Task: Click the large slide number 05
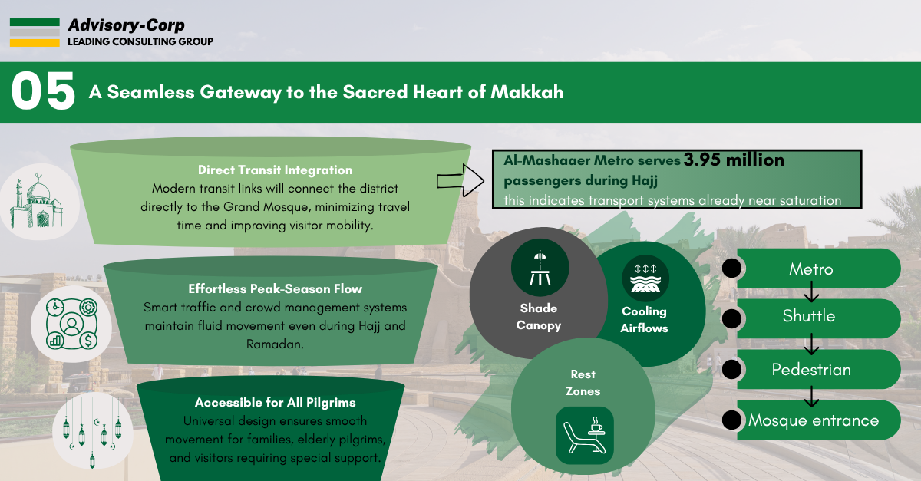coord(43,91)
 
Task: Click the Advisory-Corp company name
coord(126,25)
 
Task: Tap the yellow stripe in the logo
coord(35,43)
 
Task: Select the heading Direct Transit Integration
coord(275,170)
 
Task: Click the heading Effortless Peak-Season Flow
coord(275,288)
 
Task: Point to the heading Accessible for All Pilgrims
coord(275,402)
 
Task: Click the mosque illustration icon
coord(38,201)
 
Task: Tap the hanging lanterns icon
coord(92,432)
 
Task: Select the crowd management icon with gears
coord(71,324)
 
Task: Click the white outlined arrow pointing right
coord(460,180)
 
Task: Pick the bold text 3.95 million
coord(734,160)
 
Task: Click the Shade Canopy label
coord(539,317)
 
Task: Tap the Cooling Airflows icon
coord(645,278)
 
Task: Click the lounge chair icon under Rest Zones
coord(584,436)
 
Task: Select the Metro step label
coord(810,269)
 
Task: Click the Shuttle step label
coord(809,316)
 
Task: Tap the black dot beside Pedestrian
coord(732,369)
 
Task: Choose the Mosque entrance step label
coord(814,420)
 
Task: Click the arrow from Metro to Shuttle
coord(812,292)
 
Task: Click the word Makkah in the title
coord(527,92)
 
